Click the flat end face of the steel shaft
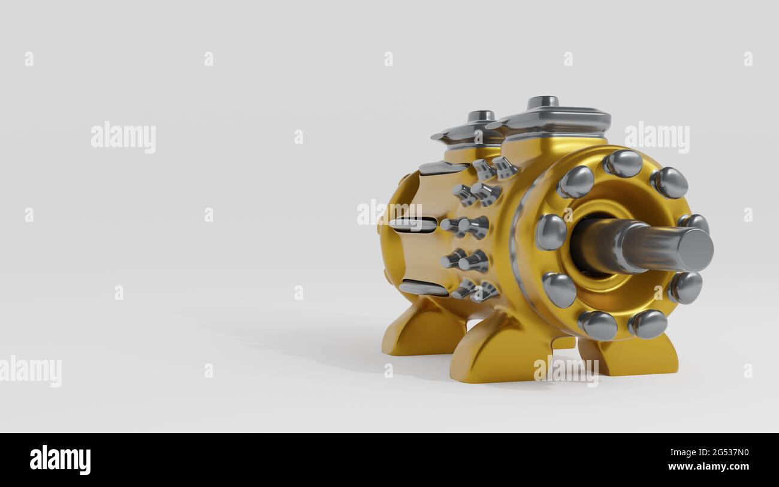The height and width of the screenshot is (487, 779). pyautogui.click(x=695, y=249)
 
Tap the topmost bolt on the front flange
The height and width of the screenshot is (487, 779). pyautogui.click(x=623, y=163)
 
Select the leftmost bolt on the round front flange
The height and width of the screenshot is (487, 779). pyautogui.click(x=550, y=232)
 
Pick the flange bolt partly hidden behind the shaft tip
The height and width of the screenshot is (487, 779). pyautogui.click(x=695, y=223)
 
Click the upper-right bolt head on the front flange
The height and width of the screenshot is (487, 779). pyautogui.click(x=669, y=182)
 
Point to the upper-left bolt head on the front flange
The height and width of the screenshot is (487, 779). pyautogui.click(x=576, y=182)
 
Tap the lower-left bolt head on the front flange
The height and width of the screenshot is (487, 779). pyautogui.click(x=558, y=289)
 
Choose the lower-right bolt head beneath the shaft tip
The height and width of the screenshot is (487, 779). pyautogui.click(x=685, y=288)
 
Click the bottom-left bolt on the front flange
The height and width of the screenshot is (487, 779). pyautogui.click(x=597, y=325)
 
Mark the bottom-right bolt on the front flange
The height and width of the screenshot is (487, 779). pyautogui.click(x=648, y=324)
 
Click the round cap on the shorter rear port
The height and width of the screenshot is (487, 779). pyautogui.click(x=481, y=116)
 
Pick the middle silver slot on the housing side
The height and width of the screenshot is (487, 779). pyautogui.click(x=413, y=225)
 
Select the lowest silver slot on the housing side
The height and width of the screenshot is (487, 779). pyautogui.click(x=423, y=288)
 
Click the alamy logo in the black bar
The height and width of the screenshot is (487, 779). pyautogui.click(x=61, y=460)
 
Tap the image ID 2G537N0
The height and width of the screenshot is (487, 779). pyautogui.click(x=724, y=453)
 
